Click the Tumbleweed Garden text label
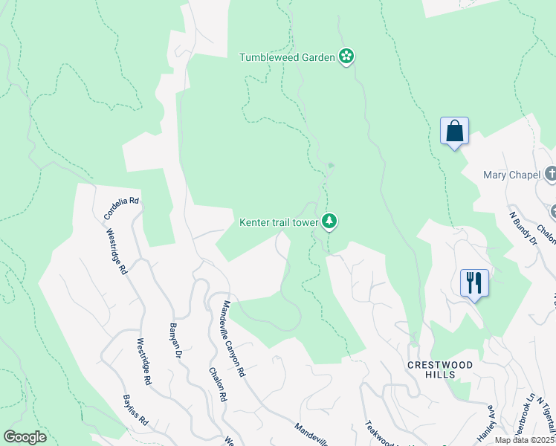point(287,57)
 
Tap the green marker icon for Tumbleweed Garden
point(346,56)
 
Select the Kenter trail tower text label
point(279,222)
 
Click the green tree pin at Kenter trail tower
point(329,221)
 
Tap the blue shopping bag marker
point(454,132)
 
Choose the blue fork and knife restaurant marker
point(474,284)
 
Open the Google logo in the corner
point(25,436)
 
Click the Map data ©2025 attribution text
point(525,440)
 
